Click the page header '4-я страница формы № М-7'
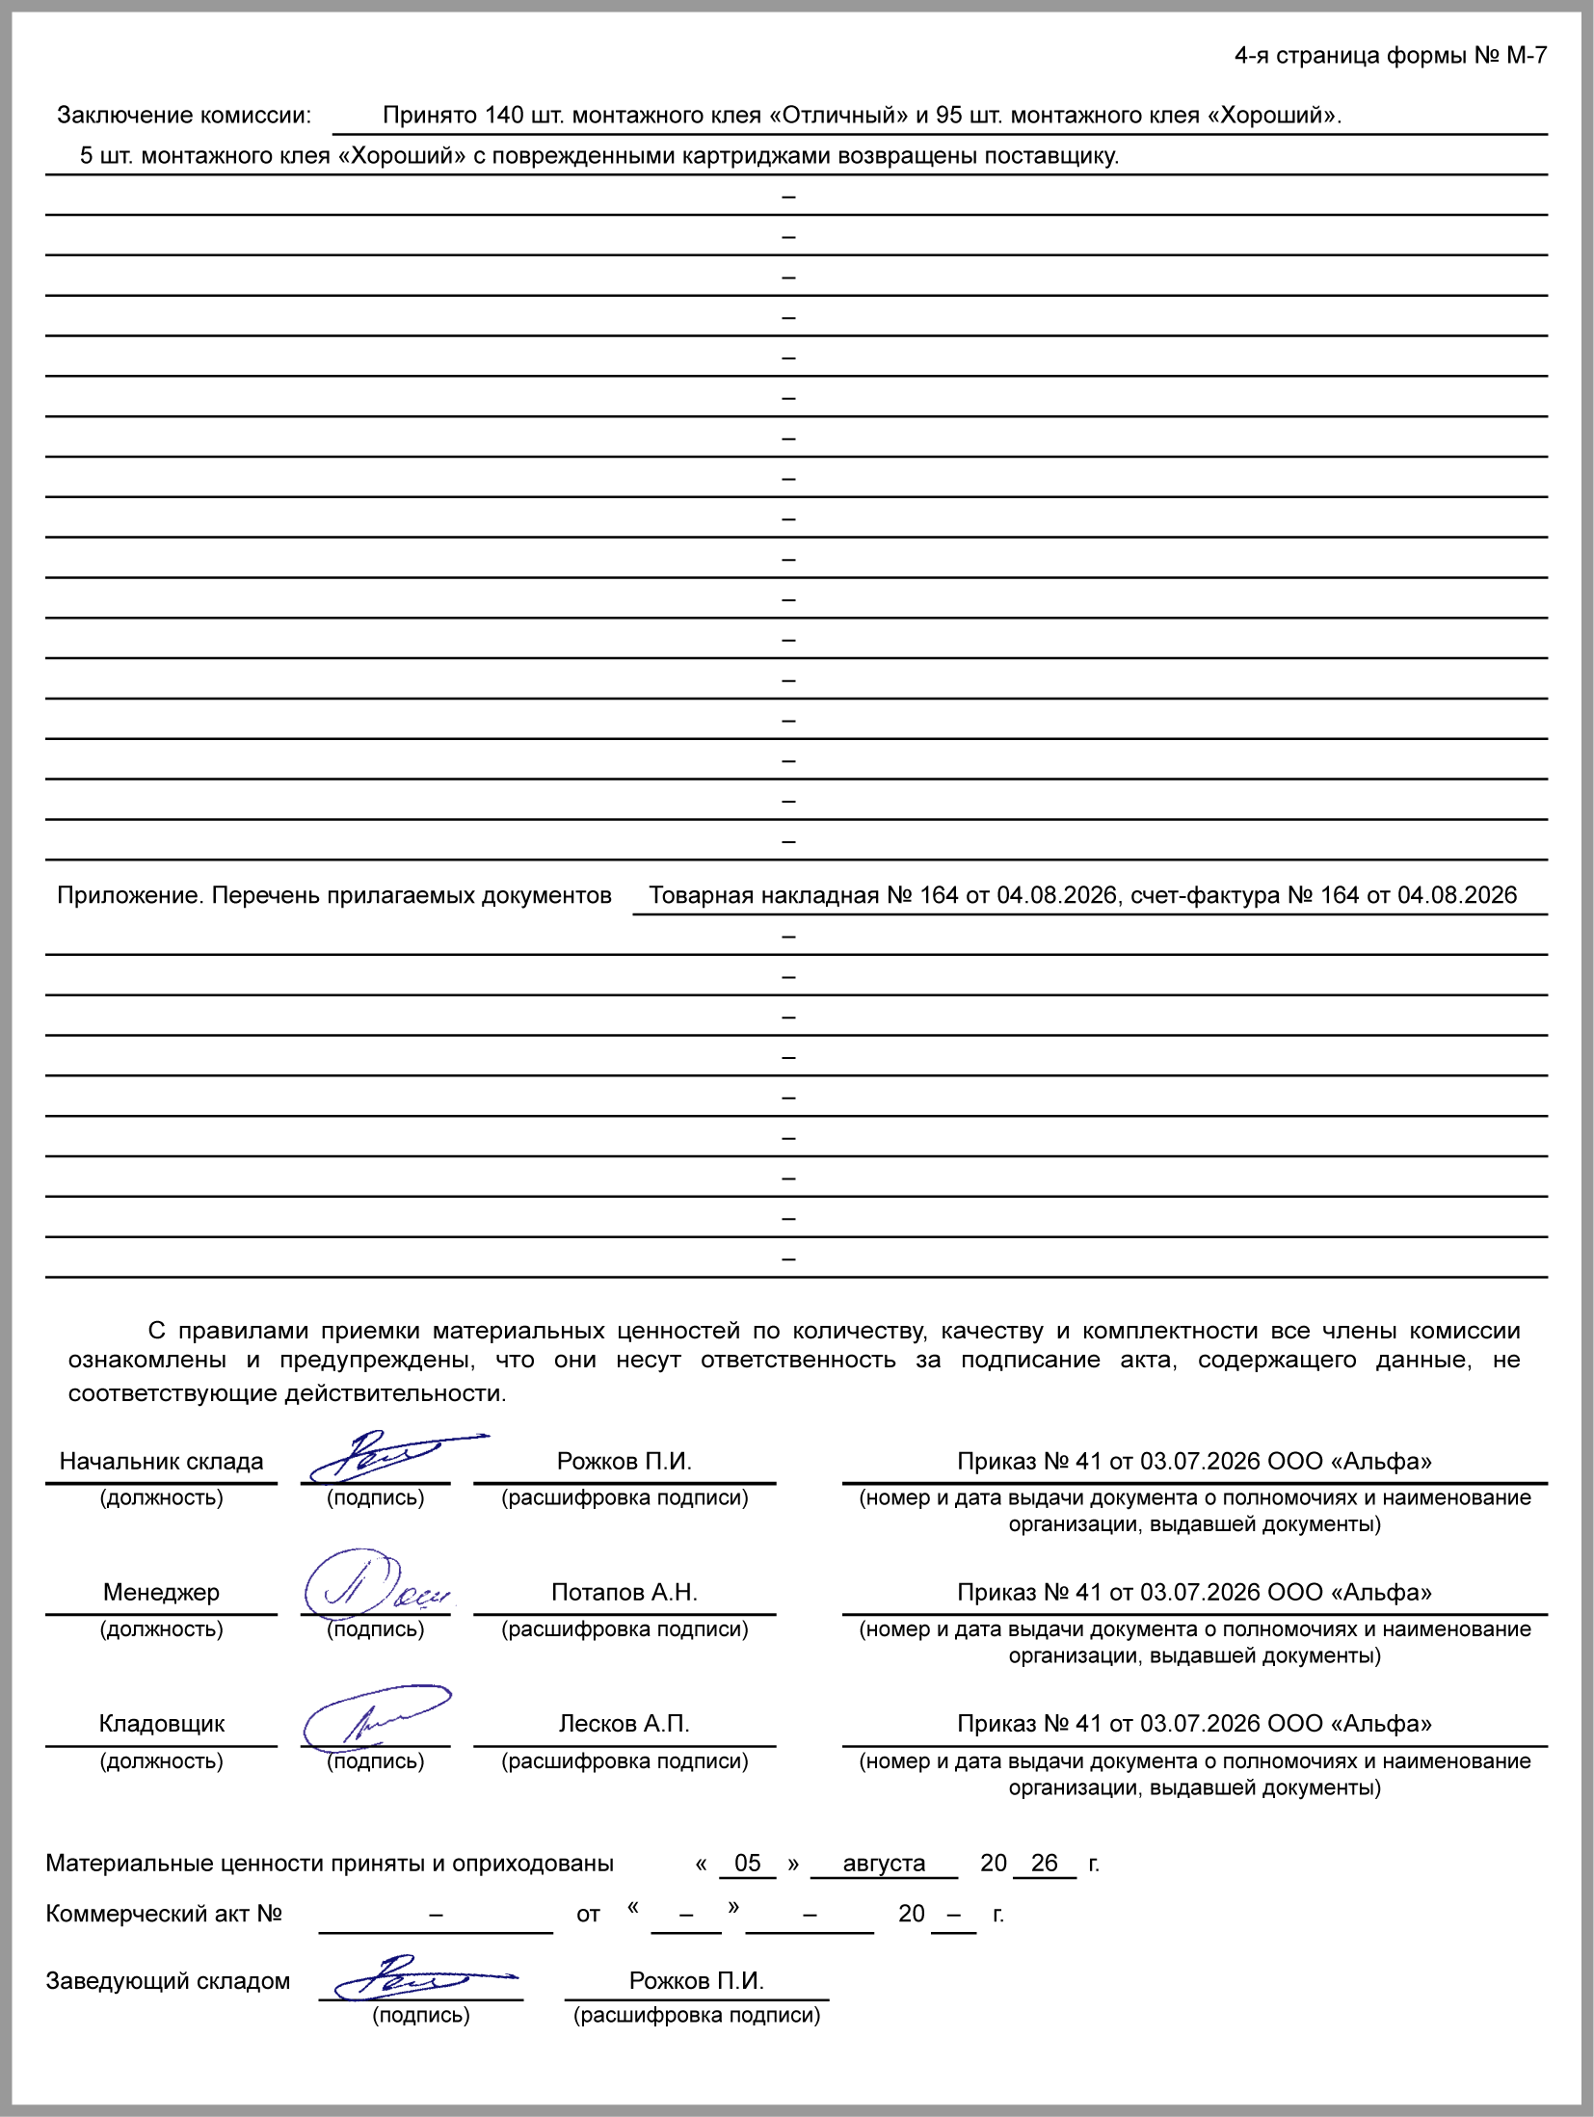1390,56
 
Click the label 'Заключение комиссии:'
184,116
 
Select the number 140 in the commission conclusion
503,116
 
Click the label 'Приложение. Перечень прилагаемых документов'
333,895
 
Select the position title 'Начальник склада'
161,1461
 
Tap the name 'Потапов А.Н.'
624,1592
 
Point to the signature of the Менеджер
371,1586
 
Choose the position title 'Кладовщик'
161,1723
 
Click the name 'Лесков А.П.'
624,1723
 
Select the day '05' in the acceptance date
747,1863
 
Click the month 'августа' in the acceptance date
884,1863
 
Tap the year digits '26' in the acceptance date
1044,1863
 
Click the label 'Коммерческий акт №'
164,1913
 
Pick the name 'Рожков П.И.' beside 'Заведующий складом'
696,1980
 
